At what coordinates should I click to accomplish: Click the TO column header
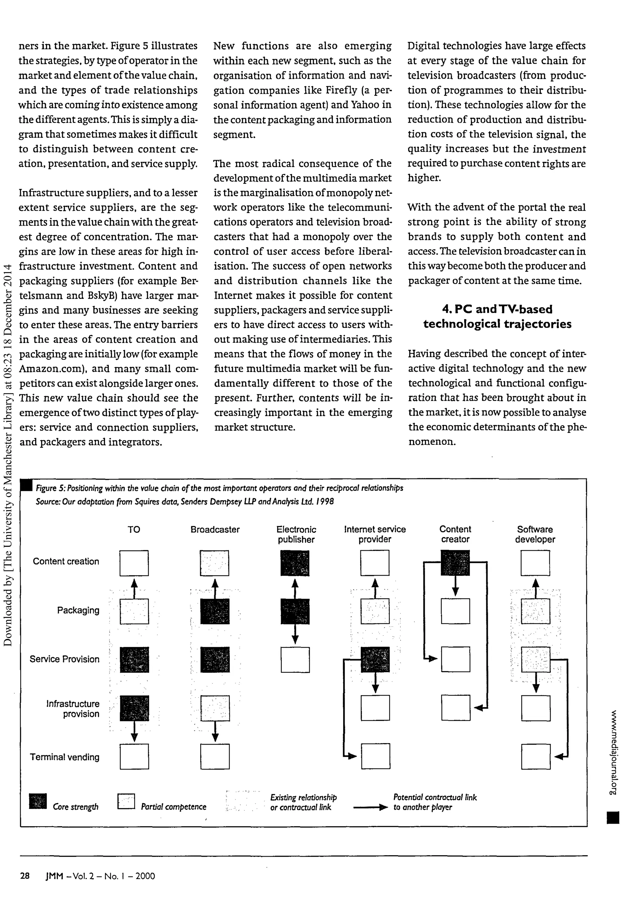click(134, 530)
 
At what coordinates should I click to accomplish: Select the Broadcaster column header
click(215, 530)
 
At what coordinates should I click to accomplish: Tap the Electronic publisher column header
click(296, 534)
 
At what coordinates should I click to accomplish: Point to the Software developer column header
click(535, 534)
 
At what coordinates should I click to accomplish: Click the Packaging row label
click(78, 610)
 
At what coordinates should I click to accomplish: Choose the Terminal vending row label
click(64, 757)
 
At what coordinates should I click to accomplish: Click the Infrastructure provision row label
click(73, 709)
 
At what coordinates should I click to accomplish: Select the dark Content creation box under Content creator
click(455, 562)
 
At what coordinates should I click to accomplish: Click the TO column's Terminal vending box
click(134, 756)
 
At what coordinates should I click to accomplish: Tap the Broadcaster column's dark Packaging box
click(215, 611)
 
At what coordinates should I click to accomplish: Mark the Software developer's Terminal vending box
click(536, 756)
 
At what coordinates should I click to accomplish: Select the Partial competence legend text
click(174, 807)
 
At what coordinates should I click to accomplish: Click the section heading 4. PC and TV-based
click(497, 309)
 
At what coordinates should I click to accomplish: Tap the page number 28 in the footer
click(25, 876)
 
